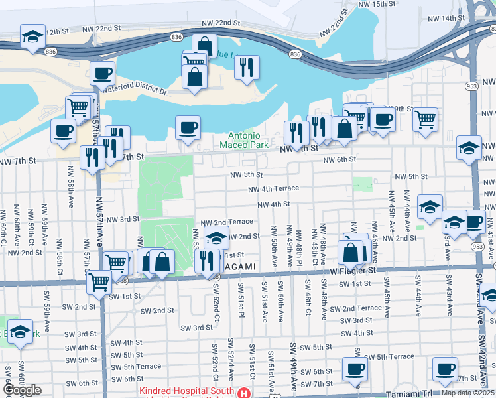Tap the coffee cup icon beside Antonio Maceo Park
pyautogui.click(x=188, y=127)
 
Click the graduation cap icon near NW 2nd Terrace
pyautogui.click(x=216, y=237)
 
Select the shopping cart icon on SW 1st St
pyautogui.click(x=99, y=283)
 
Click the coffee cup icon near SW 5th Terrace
pyautogui.click(x=355, y=369)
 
